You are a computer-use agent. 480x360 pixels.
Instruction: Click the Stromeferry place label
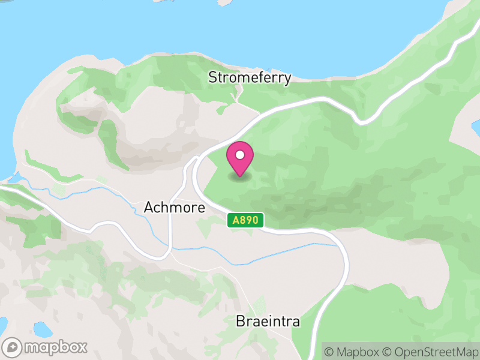pos(250,77)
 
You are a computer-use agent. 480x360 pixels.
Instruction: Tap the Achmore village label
pos(175,208)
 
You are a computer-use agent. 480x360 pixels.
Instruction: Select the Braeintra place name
pos(268,322)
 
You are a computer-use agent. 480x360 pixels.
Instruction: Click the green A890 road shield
pos(245,221)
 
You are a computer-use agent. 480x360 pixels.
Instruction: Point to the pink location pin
pos(240,158)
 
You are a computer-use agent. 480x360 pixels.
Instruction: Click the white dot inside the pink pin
pos(240,155)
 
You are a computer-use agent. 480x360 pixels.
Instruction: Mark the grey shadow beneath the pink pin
pos(240,178)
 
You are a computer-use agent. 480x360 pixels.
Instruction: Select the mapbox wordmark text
pos(55,347)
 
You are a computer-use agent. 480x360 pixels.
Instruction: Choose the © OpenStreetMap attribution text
pos(430,351)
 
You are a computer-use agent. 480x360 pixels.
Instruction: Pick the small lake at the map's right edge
pos(476,127)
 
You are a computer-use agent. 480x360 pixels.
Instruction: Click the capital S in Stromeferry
pos(212,77)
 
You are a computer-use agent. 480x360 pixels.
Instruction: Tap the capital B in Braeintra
pos(240,322)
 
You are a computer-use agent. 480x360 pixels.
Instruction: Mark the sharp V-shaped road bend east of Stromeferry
pos(360,122)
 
